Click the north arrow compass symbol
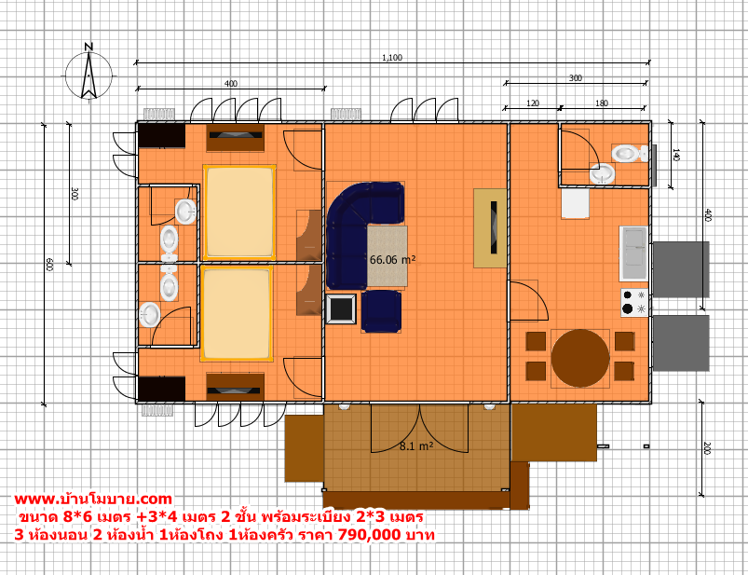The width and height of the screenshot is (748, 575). coord(88,73)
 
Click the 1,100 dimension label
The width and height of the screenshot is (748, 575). coord(392,58)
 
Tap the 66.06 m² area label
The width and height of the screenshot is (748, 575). coord(392,260)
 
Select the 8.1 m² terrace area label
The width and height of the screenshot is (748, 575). coord(416,446)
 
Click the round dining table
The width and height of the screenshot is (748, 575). coord(580,358)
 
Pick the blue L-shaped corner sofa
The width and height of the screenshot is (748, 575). coord(353,225)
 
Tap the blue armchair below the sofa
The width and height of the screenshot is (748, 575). coord(381,311)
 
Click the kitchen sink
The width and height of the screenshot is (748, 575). coord(633,253)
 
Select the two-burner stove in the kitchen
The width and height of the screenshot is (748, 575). coord(634,302)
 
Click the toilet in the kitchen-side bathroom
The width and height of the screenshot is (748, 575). coord(630,154)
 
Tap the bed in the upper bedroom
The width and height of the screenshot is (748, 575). coord(239,212)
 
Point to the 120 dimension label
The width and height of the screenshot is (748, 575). coord(533,103)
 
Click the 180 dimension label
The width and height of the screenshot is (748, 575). coord(602,103)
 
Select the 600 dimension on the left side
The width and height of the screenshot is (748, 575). coord(48,265)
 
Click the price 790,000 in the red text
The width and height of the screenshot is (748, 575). coord(369,534)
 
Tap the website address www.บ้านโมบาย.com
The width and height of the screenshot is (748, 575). coord(93,500)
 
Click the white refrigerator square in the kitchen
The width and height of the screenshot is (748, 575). coord(575,204)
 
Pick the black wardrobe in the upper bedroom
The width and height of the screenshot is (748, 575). coord(161,136)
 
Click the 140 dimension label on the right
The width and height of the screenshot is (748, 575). coord(676,155)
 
